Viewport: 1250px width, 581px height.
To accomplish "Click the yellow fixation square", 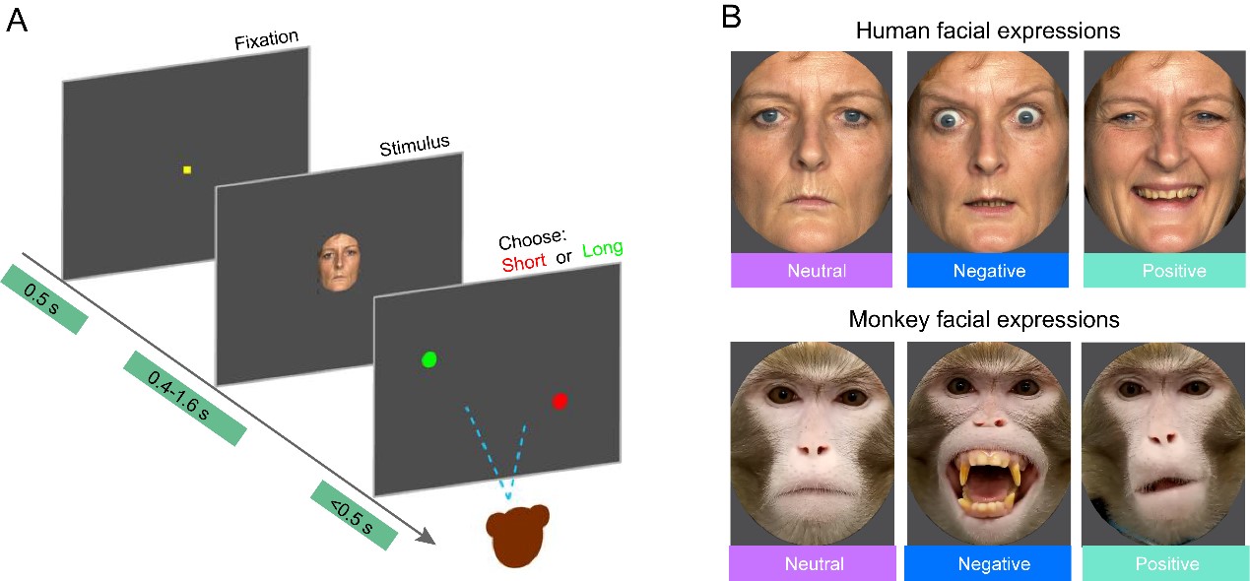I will point(186,170).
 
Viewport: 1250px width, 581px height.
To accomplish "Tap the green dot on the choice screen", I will point(428,359).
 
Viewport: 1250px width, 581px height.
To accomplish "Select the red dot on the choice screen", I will point(559,401).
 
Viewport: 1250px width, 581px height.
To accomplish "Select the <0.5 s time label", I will point(352,515).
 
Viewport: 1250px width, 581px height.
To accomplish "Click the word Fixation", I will point(266,42).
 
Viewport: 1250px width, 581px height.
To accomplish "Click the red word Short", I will point(523,264).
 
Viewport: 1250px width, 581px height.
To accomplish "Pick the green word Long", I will point(603,248).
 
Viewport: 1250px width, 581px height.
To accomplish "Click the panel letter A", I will point(18,20).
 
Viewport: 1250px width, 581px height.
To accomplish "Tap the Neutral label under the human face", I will point(811,271).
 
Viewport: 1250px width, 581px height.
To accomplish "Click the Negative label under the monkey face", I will point(986,564).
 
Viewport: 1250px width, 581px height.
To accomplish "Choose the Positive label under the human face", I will point(1162,271).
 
